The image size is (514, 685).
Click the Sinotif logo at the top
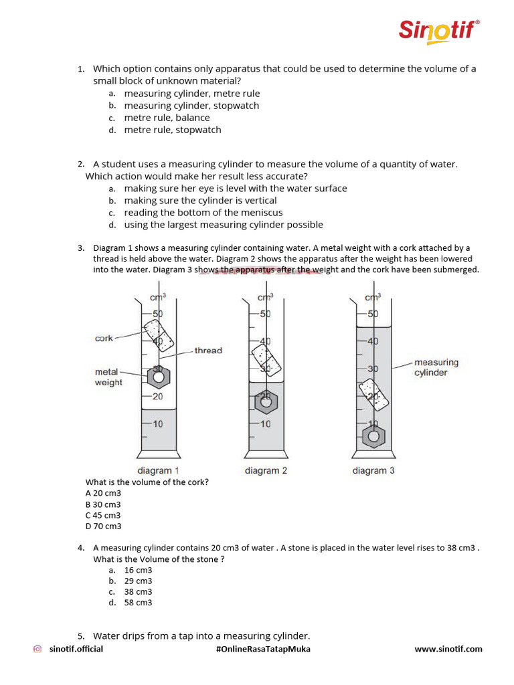(439, 31)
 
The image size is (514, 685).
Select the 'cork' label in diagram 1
(104, 338)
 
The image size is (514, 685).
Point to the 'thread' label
(208, 351)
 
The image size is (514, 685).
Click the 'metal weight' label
(108, 377)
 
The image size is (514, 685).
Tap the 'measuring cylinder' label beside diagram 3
(436, 367)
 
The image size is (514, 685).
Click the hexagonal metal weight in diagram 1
(159, 378)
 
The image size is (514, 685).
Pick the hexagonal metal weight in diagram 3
(373, 437)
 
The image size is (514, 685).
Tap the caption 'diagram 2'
(266, 471)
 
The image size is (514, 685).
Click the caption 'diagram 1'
(158, 471)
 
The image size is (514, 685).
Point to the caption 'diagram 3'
(373, 471)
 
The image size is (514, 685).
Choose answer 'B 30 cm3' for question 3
(103, 504)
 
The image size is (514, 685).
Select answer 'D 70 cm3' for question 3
(103, 526)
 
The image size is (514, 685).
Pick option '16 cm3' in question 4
(138, 570)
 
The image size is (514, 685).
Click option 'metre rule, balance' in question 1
(167, 118)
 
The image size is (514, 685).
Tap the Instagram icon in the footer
(38, 649)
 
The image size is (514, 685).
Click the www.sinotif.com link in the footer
(448, 649)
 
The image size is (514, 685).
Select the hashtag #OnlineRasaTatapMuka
(263, 649)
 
